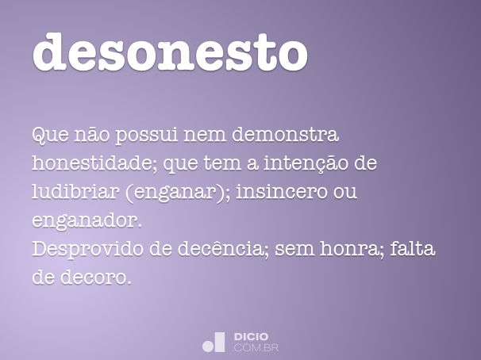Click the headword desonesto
coord(170,52)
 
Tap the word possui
coord(146,135)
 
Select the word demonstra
coord(285,134)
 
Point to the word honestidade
coord(93,163)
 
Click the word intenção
coord(306,163)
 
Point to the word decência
coord(220,248)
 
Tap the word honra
coord(348,248)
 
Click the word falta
coord(413,248)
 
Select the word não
coord(92,134)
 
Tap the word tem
coord(223,163)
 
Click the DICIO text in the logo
coord(252,337)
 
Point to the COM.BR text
coord(256,348)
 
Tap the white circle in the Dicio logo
coord(208,347)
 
